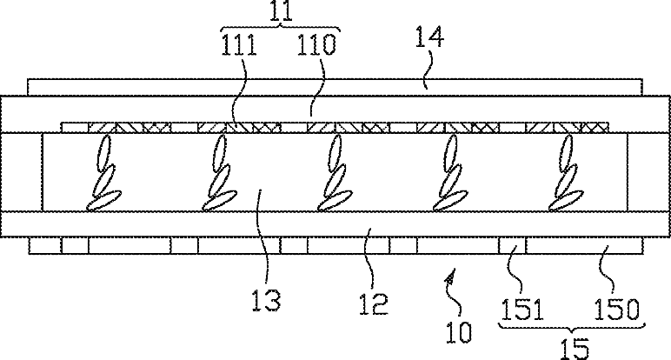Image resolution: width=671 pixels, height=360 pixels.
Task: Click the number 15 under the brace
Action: [x=571, y=347]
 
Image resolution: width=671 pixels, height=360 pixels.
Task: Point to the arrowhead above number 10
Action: [x=449, y=277]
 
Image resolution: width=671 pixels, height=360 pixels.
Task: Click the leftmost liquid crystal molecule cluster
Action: [x=104, y=179]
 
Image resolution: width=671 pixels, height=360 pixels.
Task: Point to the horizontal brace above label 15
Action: [x=571, y=325]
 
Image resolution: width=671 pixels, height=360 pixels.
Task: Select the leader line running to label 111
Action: [x=240, y=91]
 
